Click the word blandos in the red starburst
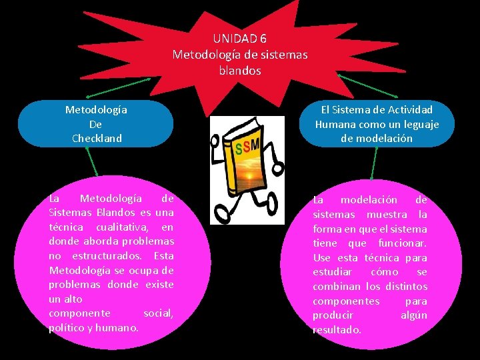coord(240,69)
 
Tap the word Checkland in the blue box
coord(97,138)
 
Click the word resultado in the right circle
coord(337,329)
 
